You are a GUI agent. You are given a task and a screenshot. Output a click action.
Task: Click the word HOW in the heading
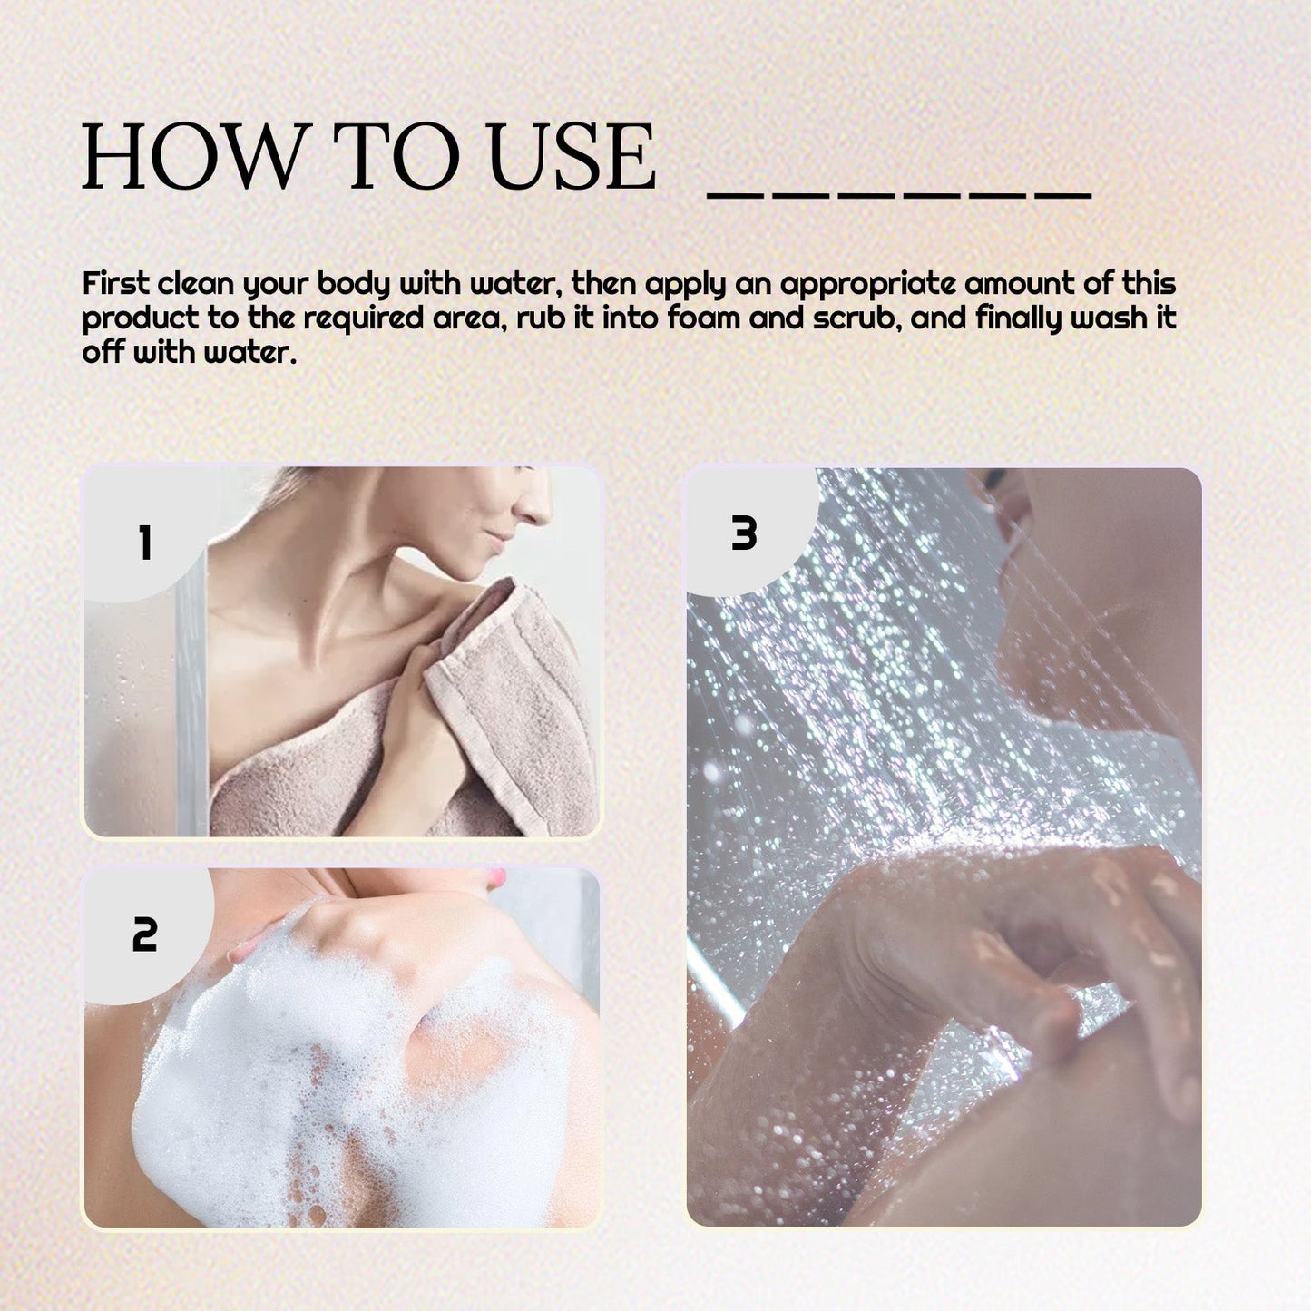pos(191,156)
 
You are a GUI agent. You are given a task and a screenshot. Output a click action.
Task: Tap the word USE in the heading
pos(572,156)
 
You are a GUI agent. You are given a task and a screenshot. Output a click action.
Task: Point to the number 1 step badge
pos(145,543)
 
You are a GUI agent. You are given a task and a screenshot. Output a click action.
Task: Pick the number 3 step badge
pos(744,533)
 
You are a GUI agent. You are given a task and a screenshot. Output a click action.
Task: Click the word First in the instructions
pos(115,283)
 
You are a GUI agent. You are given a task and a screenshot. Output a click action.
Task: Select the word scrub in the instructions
pos(853,318)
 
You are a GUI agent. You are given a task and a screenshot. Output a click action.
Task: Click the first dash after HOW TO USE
pos(735,196)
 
